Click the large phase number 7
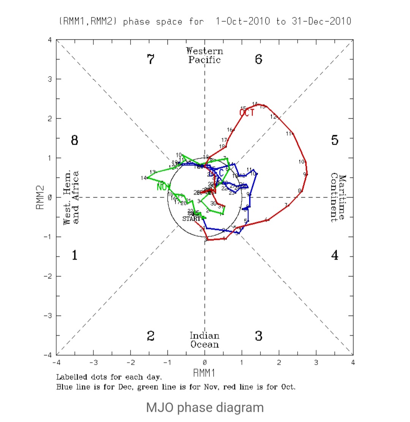[x=151, y=60]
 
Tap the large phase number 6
[x=259, y=60]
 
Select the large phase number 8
[x=74, y=140]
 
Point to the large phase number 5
[x=334, y=140]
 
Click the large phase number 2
[x=151, y=336]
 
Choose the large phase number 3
[x=259, y=336]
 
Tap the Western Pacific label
[x=205, y=55]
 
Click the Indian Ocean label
[x=205, y=340]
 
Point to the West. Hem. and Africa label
[x=71, y=198]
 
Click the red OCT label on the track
[x=247, y=113]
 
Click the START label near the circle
[x=191, y=219]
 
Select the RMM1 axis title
[x=204, y=373]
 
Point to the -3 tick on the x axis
[x=93, y=363]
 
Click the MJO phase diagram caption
[x=205, y=408]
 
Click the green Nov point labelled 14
[x=148, y=178]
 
